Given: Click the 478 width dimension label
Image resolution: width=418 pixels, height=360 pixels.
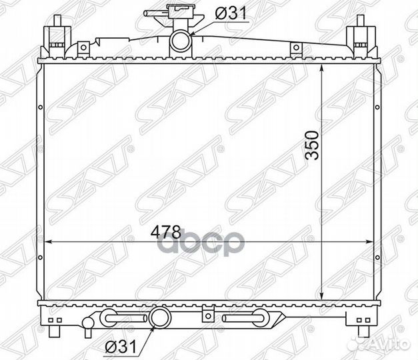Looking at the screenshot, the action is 166,232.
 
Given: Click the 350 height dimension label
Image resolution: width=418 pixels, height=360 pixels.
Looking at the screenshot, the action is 312,145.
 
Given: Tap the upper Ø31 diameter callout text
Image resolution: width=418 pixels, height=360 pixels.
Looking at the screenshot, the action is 231,13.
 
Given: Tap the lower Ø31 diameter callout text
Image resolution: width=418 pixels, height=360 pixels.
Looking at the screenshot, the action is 121,347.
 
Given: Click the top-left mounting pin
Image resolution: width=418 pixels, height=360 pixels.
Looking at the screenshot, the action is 57,21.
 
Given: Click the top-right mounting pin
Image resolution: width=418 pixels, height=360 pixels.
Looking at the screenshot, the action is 361,21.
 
